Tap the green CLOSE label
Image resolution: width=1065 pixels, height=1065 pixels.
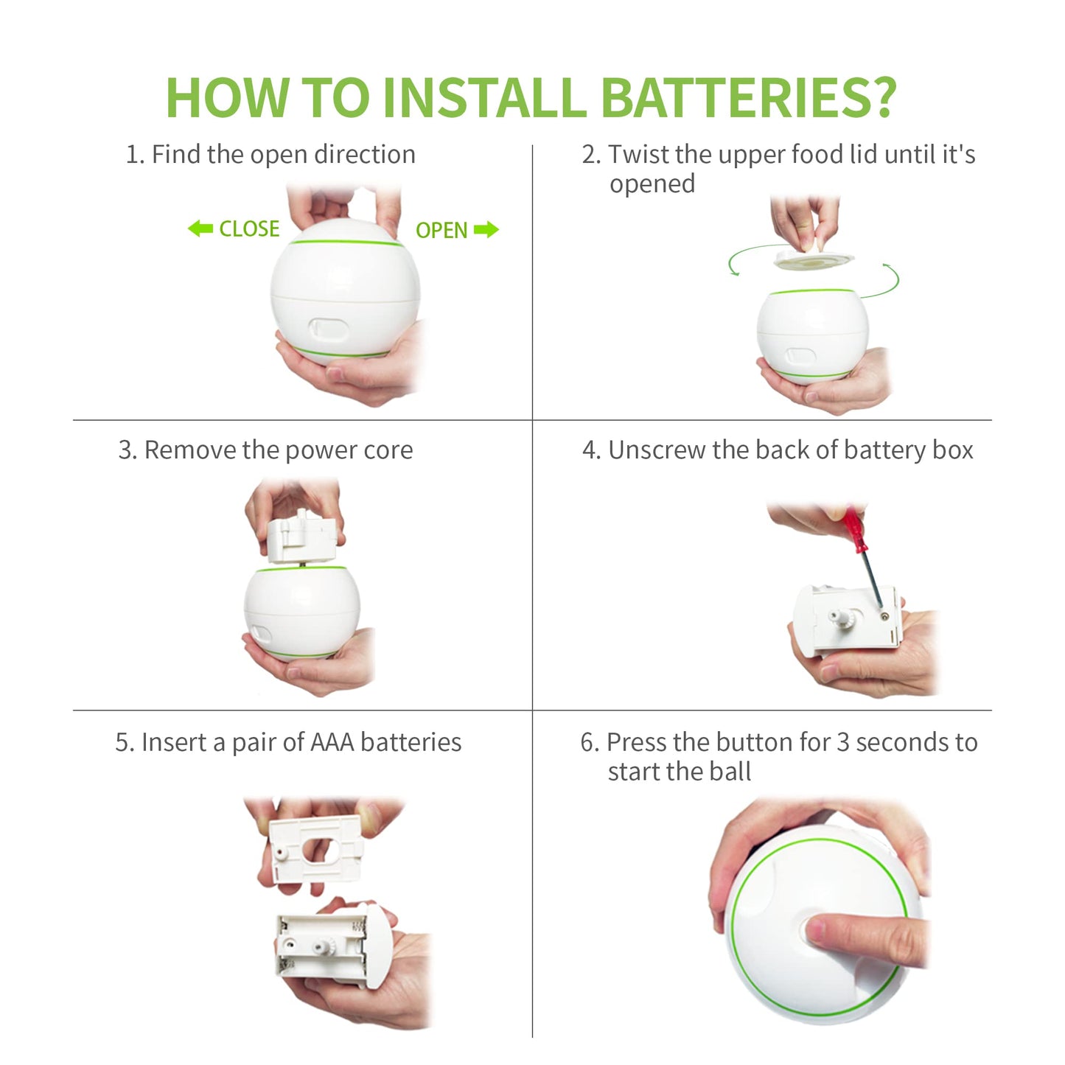point(249,228)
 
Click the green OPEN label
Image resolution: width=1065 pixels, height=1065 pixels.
point(441,231)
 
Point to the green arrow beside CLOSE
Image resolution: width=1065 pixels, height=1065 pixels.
point(200,228)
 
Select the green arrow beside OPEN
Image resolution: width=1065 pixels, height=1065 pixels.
point(486,229)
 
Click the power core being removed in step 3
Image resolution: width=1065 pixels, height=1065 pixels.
point(301,535)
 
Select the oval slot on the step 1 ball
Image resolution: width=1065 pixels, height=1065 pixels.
point(329,329)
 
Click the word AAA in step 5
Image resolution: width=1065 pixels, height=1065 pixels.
point(332,742)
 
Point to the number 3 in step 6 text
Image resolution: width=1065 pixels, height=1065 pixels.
point(843,743)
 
